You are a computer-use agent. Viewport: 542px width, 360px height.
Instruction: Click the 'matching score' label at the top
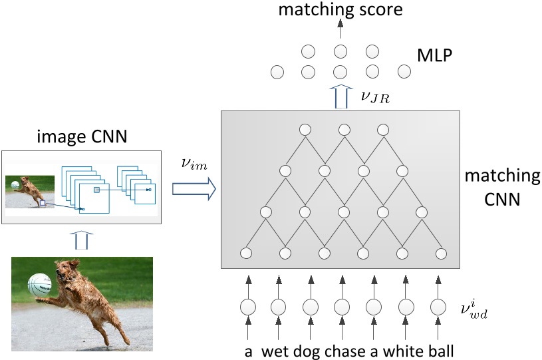point(340,9)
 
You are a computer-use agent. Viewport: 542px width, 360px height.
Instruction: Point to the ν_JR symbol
point(374,98)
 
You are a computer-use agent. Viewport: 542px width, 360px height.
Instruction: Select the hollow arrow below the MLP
point(340,97)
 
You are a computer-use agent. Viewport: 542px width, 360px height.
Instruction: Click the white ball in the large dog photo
point(40,285)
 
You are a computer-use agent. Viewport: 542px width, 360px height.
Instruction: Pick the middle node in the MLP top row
point(340,51)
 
